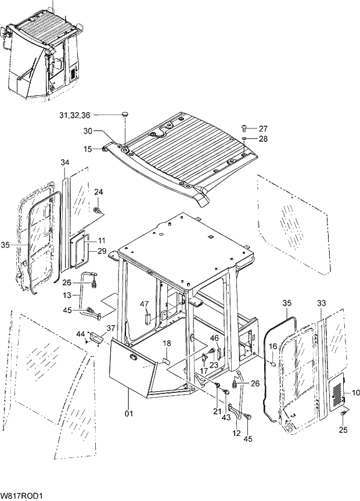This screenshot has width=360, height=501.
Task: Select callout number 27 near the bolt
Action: [x=263, y=128]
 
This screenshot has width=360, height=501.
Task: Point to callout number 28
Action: [x=263, y=139]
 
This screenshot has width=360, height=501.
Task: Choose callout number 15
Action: [x=88, y=149]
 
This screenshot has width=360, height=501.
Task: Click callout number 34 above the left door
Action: [x=64, y=162]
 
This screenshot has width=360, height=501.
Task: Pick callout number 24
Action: [x=98, y=192]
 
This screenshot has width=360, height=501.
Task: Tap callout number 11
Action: [x=102, y=241]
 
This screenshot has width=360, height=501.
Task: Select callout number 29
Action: [x=102, y=250]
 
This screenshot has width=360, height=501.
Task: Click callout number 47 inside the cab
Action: [x=145, y=303]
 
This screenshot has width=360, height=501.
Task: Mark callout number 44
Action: [x=80, y=334]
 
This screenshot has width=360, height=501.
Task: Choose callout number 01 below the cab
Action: [x=129, y=413]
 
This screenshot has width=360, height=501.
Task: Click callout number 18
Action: [x=166, y=343]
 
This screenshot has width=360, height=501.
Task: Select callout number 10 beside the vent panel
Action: [x=355, y=393]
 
